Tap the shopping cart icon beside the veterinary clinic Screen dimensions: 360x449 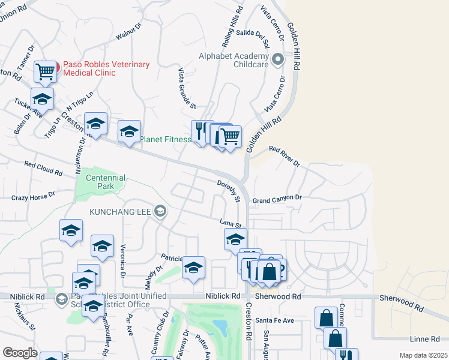[46, 71]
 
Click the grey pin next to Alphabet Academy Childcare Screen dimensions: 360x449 [277, 59]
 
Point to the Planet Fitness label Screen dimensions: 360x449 [166, 140]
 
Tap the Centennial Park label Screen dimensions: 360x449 [105, 182]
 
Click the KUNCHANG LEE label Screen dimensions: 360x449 [121, 211]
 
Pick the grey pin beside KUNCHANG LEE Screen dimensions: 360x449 [160, 211]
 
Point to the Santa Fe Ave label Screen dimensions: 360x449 [274, 320]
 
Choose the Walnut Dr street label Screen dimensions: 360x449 [128, 32]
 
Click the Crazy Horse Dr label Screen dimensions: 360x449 [33, 196]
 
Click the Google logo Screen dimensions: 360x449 [20, 353]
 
